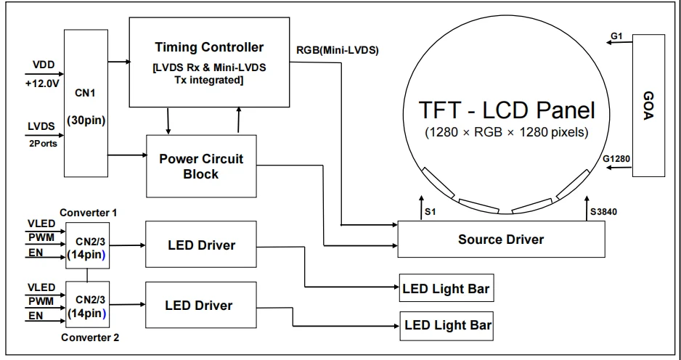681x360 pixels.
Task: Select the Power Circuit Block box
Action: (201, 166)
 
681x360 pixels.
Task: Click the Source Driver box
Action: (500, 239)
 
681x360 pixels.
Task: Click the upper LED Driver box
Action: (200, 245)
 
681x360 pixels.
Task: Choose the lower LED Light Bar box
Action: (446, 324)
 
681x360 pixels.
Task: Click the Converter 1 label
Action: (88, 213)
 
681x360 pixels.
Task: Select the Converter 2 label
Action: (88, 337)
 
